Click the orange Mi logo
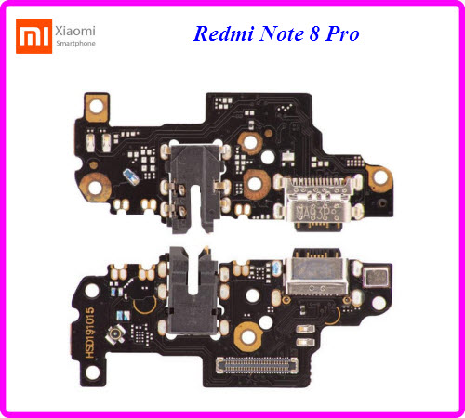(33, 36)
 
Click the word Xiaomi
(75, 31)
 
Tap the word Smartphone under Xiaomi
(75, 44)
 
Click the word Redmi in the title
(223, 33)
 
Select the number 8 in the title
(314, 33)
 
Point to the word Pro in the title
(342, 33)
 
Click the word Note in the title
(282, 33)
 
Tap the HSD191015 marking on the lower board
(89, 333)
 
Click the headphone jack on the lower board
(193, 293)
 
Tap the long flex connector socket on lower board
(257, 365)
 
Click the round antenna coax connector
(115, 334)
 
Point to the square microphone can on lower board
(376, 277)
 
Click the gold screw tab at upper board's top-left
(97, 107)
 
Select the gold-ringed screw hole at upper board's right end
(379, 177)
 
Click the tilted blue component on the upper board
(131, 176)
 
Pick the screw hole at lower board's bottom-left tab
(92, 372)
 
